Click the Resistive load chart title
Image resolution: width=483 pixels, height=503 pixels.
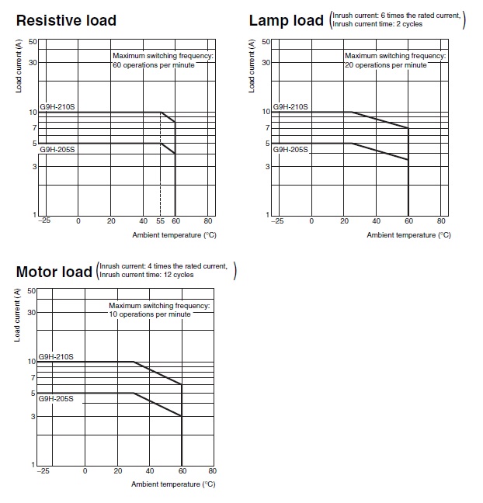pyautogui.click(x=66, y=20)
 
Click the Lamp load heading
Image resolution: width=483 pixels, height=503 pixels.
pyautogui.click(x=287, y=20)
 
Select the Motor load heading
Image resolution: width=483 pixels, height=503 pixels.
pyautogui.click(x=54, y=272)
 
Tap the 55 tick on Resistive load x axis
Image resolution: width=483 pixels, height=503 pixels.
pyautogui.click(x=160, y=221)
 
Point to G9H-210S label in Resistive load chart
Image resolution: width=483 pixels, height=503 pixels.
pyautogui.click(x=57, y=107)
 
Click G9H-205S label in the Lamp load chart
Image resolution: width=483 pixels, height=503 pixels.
pyautogui.click(x=290, y=150)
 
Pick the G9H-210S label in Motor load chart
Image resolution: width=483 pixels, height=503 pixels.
pyautogui.click(x=56, y=356)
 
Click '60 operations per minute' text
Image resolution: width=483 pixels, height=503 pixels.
pyautogui.click(x=154, y=65)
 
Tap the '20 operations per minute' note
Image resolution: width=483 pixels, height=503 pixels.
pyautogui.click(x=386, y=65)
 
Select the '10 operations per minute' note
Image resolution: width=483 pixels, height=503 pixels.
pyautogui.click(x=150, y=314)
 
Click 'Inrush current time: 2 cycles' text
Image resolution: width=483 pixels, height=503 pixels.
pyautogui.click(x=377, y=24)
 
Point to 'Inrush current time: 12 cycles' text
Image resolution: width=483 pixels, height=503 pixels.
pyautogui.click(x=146, y=275)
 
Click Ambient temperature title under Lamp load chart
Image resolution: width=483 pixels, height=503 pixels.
pyautogui.click(x=408, y=235)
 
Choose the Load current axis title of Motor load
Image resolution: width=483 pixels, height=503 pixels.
pyautogui.click(x=17, y=314)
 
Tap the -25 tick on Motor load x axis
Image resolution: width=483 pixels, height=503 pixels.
pyautogui.click(x=43, y=470)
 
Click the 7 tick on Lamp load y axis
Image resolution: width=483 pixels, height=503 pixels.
pyautogui.click(x=267, y=127)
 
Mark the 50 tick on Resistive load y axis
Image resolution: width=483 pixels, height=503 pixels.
pyautogui.click(x=33, y=42)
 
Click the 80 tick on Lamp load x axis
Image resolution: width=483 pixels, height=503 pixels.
pyautogui.click(x=441, y=221)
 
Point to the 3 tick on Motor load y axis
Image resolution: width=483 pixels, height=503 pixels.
pyautogui.click(x=33, y=416)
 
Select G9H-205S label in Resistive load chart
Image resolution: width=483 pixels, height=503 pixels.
pyautogui.click(x=57, y=150)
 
